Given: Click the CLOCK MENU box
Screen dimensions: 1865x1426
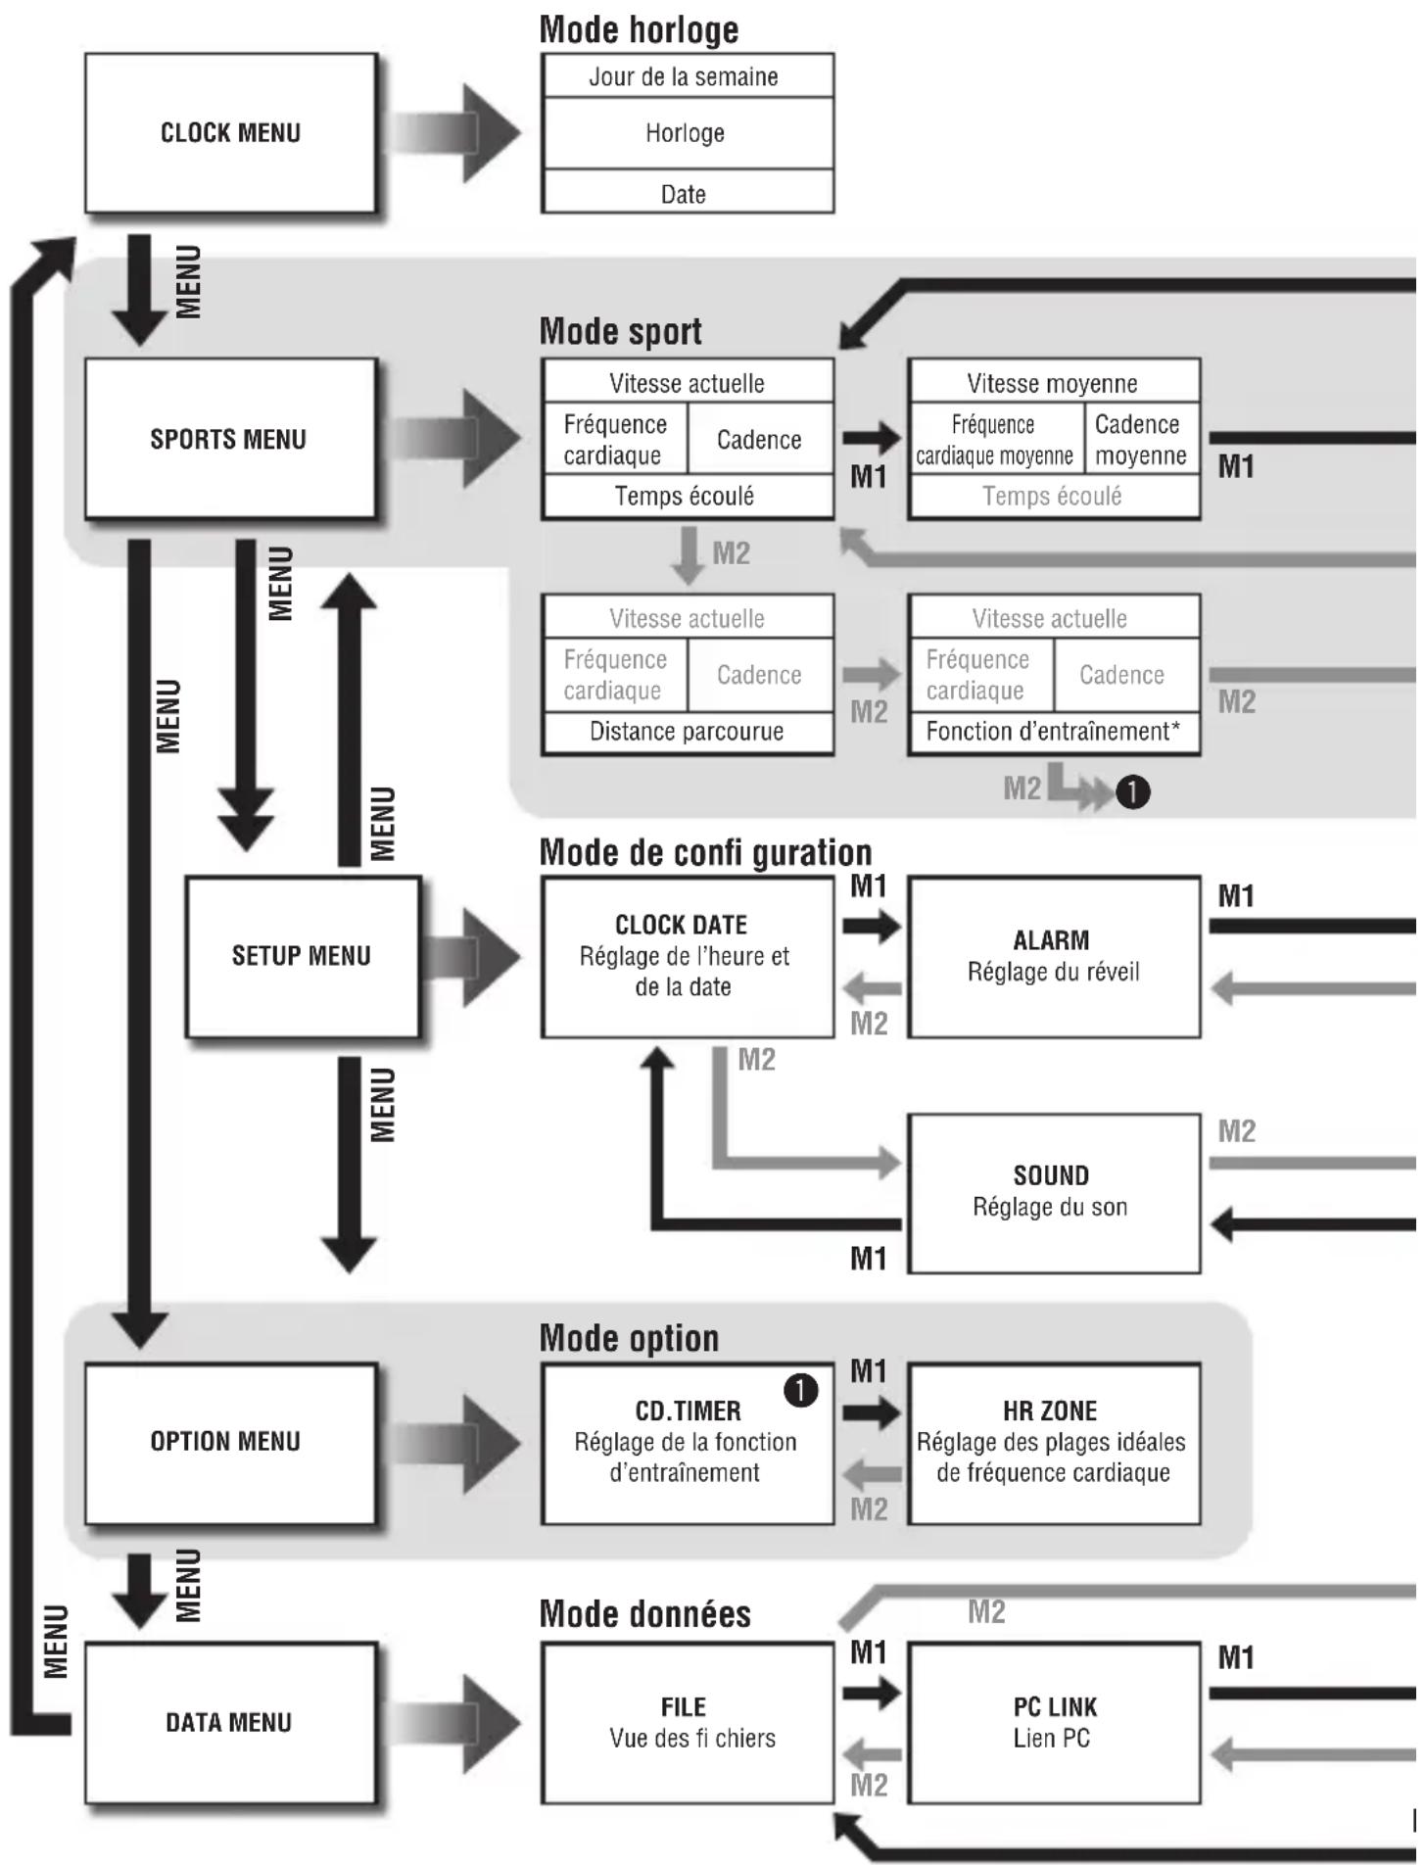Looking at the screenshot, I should [x=230, y=133].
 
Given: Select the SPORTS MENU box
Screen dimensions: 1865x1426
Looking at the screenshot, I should [x=230, y=439].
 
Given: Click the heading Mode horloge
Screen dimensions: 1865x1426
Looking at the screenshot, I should [x=639, y=29].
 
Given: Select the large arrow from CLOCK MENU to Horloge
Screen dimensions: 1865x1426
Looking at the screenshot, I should [x=456, y=133].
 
